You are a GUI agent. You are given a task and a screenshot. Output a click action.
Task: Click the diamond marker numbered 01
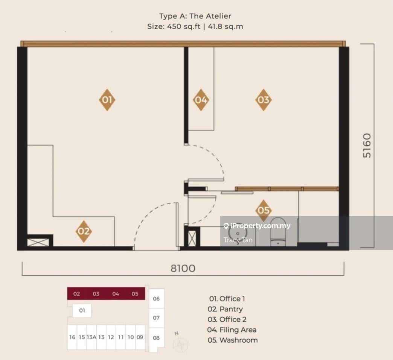107,100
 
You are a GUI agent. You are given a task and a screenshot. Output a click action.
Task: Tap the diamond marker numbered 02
84,231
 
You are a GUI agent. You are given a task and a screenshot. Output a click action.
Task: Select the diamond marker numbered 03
264,100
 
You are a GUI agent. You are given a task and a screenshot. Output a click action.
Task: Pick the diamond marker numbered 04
201,100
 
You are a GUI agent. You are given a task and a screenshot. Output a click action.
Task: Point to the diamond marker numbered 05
264,210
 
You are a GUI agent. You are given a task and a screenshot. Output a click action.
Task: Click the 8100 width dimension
183,268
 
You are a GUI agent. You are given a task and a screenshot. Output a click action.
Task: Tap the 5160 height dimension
367,146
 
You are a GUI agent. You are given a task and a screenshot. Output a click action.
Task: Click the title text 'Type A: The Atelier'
195,16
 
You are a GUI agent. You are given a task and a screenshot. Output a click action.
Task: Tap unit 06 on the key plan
156,299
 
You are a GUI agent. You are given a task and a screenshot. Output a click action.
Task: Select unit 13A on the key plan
91,337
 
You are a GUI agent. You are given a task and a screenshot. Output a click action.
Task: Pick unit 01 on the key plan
82,310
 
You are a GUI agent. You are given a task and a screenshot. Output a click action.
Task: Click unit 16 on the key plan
72,337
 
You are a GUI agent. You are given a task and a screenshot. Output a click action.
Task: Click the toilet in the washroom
278,232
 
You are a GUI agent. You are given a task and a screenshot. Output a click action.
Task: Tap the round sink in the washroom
238,234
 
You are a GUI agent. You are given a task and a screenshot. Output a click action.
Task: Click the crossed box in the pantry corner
38,242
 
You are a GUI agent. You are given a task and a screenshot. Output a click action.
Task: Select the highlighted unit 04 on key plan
116,294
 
